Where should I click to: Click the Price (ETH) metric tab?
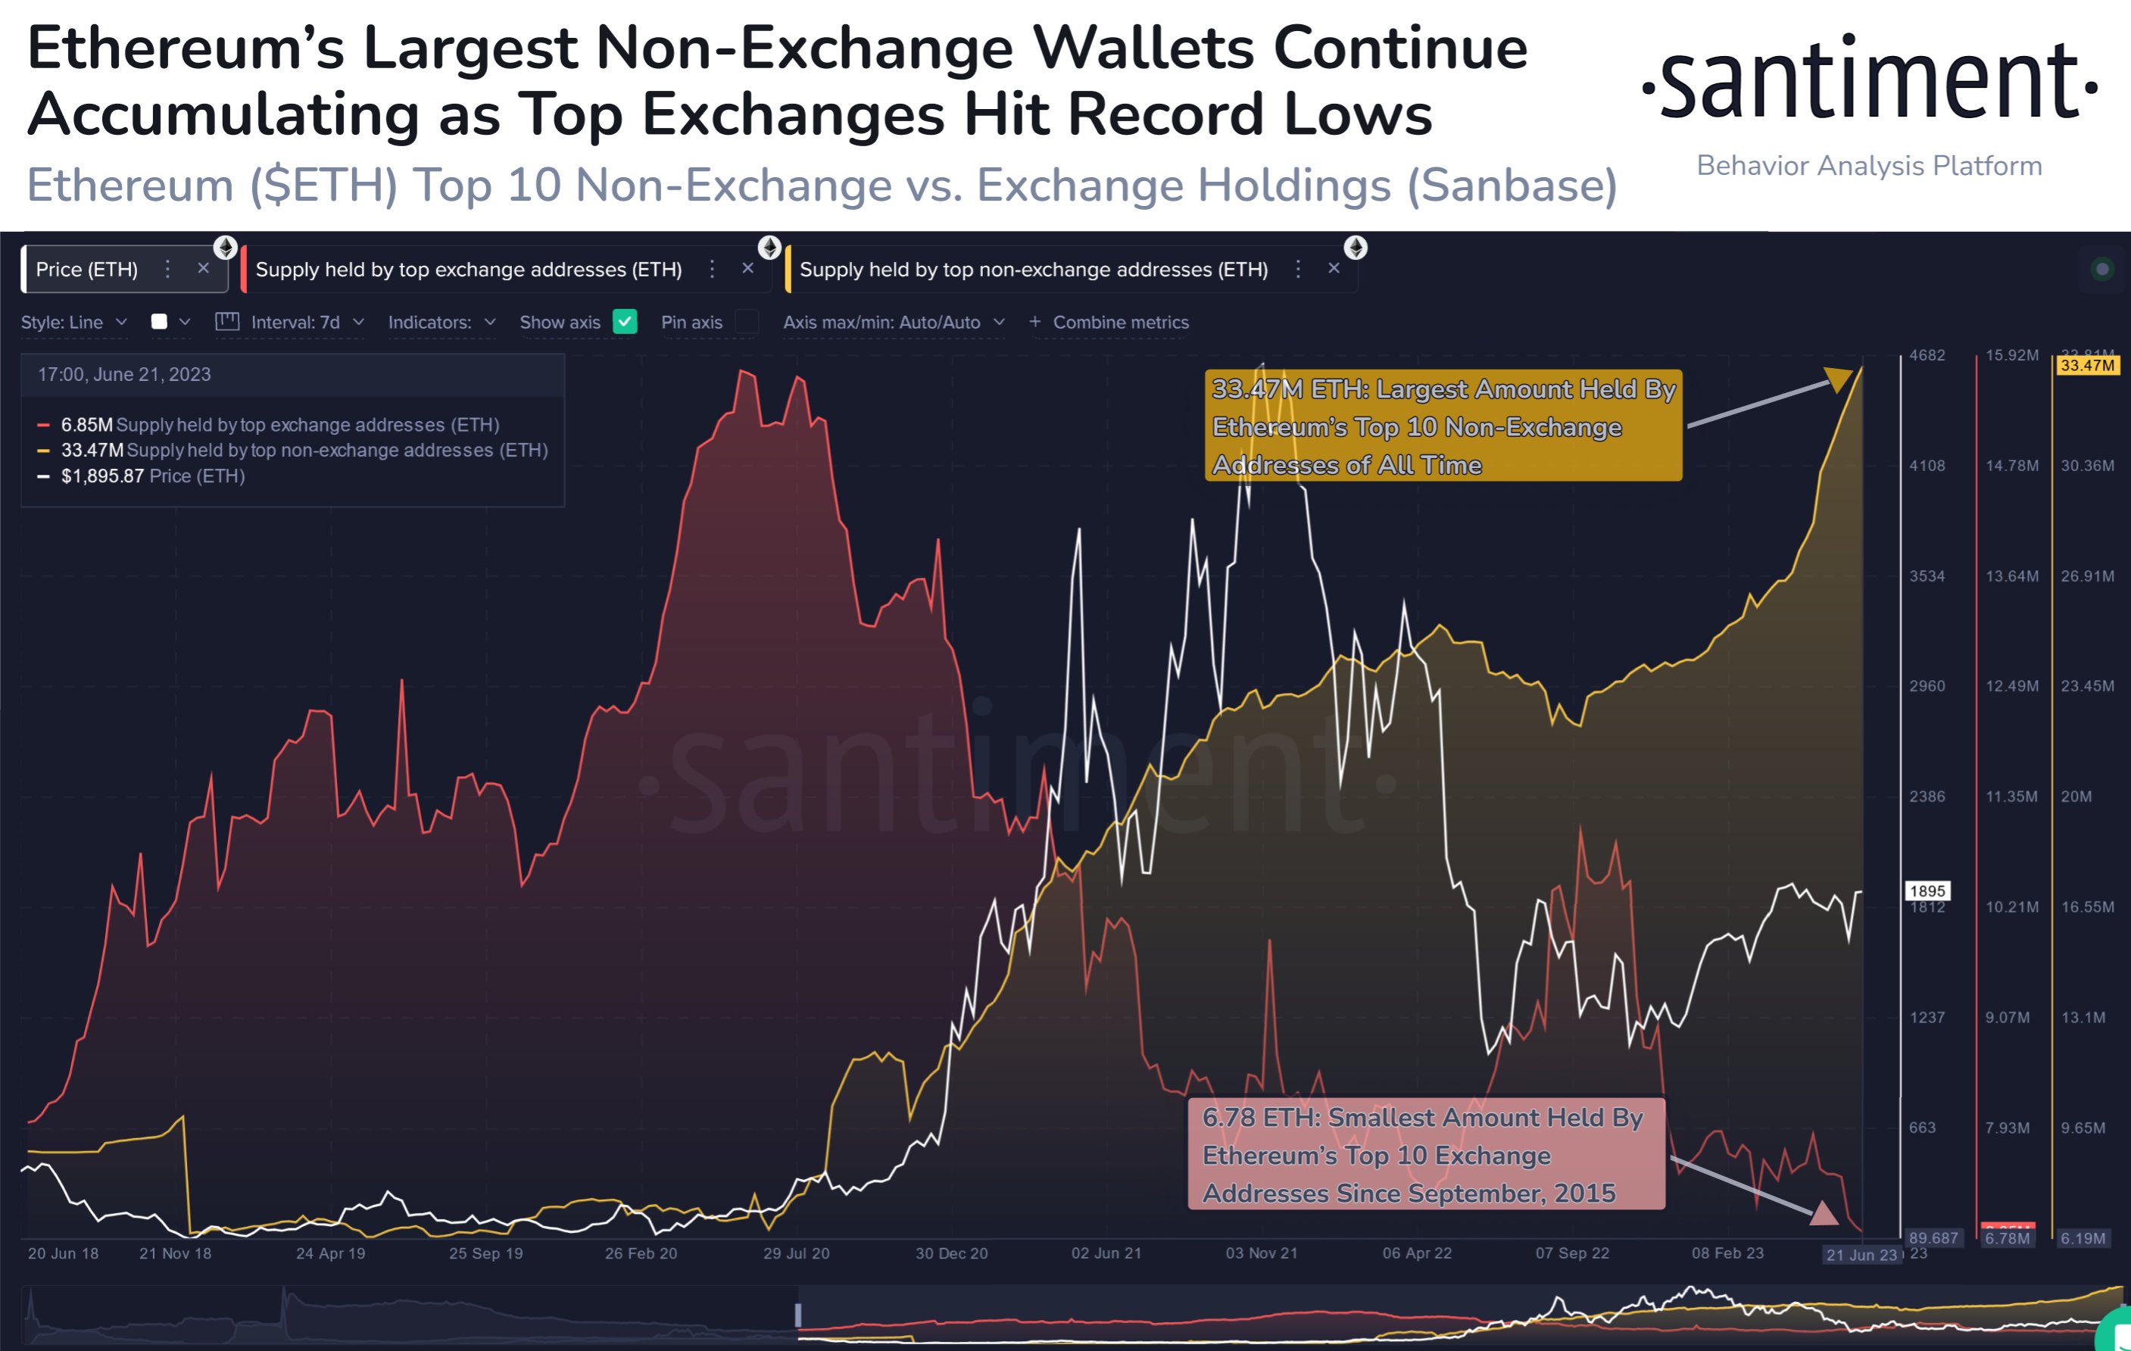87,270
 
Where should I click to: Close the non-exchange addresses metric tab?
1334,269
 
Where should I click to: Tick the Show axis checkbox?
625,322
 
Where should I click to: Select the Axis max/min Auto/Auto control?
893,323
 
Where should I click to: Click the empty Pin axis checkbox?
747,322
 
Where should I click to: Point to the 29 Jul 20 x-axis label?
797,1253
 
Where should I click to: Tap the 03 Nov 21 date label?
1261,1253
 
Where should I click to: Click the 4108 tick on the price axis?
1927,466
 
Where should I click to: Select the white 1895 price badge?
1927,891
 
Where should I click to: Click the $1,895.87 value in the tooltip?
101,476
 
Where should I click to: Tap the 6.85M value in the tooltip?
86,426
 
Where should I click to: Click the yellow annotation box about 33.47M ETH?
1443,426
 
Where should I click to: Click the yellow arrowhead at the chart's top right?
1838,379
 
